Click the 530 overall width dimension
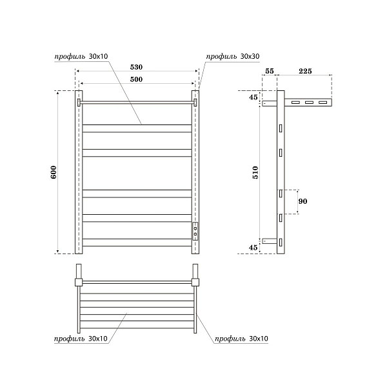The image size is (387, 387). [x=135, y=66]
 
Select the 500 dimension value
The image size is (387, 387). [x=135, y=79]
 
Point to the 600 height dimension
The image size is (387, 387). [x=54, y=172]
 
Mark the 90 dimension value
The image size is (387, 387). [x=303, y=201]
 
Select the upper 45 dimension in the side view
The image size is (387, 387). [x=253, y=98]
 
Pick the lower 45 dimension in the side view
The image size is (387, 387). [x=253, y=247]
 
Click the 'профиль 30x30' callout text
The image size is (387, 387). [x=233, y=57]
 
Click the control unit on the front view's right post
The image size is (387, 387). [x=195, y=230]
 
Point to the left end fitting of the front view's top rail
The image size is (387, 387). [x=79, y=102]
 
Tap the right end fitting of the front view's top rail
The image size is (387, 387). [x=195, y=102]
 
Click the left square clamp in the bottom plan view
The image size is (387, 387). [x=79, y=281]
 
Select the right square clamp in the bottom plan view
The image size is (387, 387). [x=195, y=281]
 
